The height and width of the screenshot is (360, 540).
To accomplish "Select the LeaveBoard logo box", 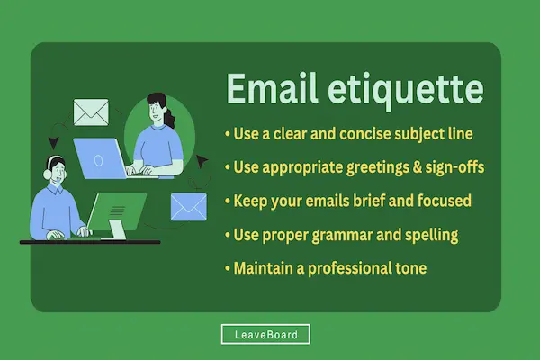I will [x=265, y=335].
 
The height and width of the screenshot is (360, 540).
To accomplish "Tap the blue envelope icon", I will [x=189, y=207].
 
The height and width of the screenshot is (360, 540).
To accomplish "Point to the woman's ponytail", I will [x=168, y=112].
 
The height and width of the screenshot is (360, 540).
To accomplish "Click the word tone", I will [x=423, y=268].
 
